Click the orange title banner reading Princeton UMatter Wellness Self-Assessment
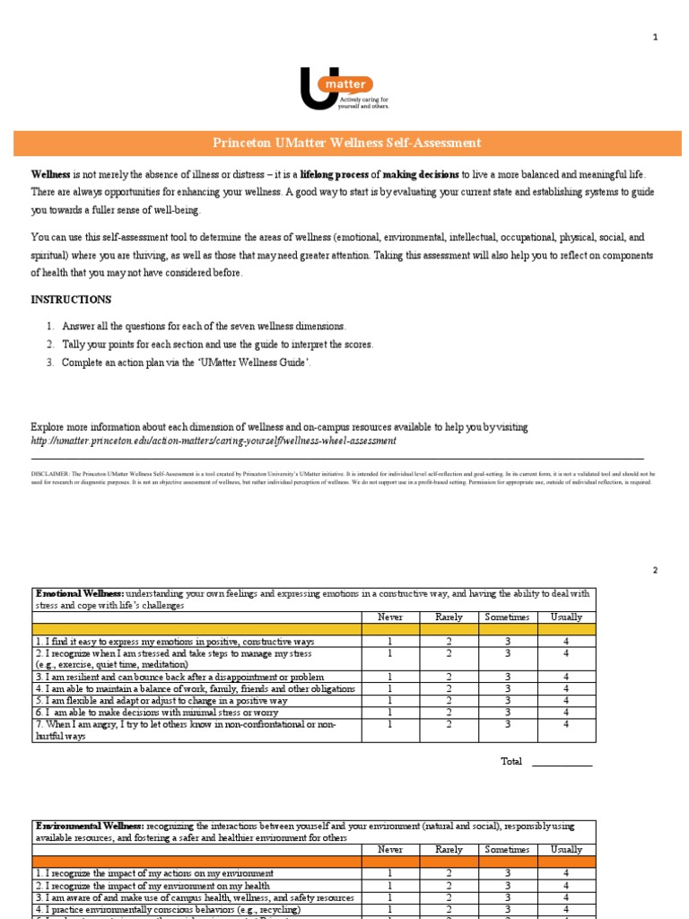pos(346,143)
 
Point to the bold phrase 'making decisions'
pos(422,174)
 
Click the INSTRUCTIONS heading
pos(71,299)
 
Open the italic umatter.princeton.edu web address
pos(213,441)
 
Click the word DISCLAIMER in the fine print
pos(50,473)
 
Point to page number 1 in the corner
pos(655,37)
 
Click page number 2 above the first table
pos(655,570)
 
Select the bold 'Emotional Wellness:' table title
pos(79,593)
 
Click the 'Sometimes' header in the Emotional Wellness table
pos(507,617)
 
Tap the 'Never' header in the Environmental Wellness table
pos(390,849)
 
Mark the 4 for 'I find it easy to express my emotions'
pos(566,642)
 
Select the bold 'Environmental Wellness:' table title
pos(88,826)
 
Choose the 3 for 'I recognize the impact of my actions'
pos(507,872)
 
